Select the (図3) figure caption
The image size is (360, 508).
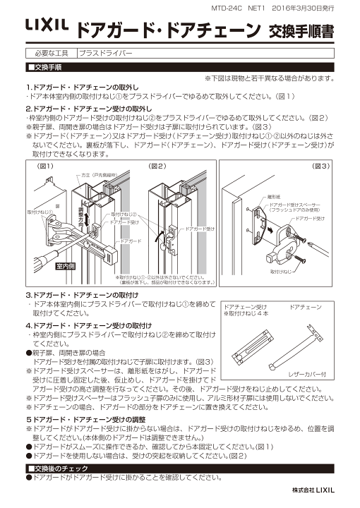point(320,166)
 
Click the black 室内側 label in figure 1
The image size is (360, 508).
point(66,267)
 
